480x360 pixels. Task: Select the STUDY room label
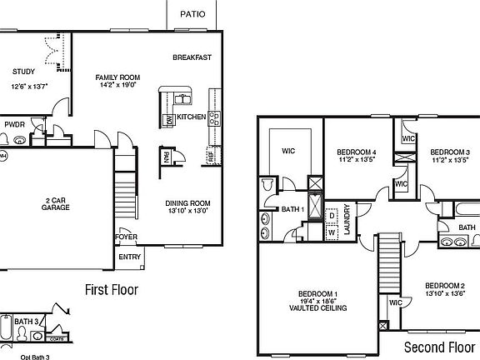[24, 72]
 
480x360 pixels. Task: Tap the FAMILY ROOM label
[116, 75]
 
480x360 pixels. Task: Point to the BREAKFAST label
[192, 57]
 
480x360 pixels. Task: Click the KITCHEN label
[192, 117]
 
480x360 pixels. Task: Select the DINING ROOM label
[187, 203]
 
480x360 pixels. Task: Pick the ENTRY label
[130, 257]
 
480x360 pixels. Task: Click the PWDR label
[15, 123]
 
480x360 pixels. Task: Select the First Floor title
[112, 290]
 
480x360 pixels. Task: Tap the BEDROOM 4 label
[357, 152]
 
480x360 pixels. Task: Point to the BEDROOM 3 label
[451, 152]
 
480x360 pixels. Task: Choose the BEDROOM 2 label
[444, 285]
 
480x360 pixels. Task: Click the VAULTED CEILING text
[317, 308]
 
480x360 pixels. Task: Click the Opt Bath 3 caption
[19, 357]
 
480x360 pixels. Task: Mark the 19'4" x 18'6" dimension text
[317, 301]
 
